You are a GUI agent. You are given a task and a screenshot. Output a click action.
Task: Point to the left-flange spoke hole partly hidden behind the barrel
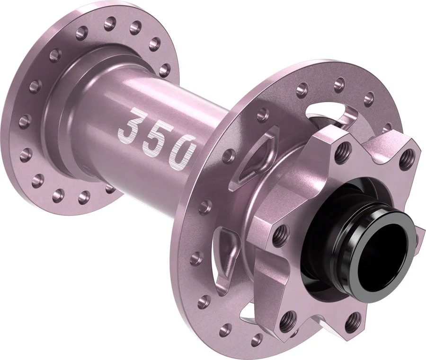[x=110, y=188]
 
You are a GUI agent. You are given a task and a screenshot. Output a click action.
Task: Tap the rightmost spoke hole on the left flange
[x=164, y=70]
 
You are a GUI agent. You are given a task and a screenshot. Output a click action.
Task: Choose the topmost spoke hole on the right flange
[x=339, y=82]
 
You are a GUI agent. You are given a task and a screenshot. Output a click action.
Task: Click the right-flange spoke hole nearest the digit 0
[x=229, y=156]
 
